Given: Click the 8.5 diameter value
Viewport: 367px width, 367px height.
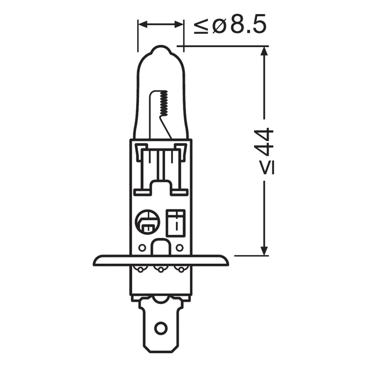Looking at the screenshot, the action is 248,24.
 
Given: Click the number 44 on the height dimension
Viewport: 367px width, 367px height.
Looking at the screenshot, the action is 264,142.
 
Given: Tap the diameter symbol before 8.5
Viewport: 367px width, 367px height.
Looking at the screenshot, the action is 219,25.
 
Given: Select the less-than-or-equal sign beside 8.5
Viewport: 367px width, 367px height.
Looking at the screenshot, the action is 201,25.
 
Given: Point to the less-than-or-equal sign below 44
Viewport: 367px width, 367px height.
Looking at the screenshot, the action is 267,168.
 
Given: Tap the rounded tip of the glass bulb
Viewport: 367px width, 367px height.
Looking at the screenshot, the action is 161,49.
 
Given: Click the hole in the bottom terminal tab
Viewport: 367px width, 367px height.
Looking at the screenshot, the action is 161,327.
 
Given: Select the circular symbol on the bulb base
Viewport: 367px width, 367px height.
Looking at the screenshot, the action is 147,221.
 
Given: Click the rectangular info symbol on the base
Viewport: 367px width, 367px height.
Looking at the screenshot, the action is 176,223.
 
